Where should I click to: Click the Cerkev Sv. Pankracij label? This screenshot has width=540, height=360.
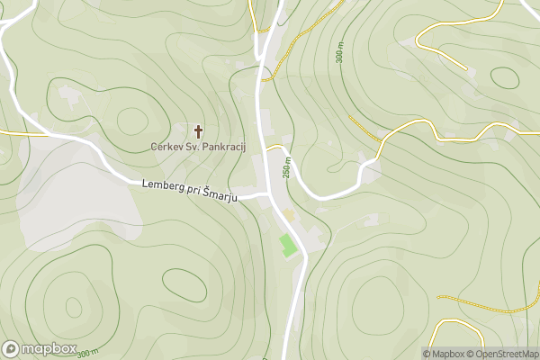197,147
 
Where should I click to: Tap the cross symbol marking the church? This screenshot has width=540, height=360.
198,131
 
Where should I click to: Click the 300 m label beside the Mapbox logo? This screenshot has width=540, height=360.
87,353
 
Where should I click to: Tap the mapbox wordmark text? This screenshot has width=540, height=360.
49,349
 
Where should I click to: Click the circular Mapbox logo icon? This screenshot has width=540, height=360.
11,349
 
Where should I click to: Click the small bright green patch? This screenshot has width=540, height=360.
288,244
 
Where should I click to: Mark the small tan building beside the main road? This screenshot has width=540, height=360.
290,215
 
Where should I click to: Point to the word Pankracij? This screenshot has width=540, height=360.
220,147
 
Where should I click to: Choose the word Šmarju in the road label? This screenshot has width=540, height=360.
219,195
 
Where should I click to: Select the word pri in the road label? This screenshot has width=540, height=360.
194,192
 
